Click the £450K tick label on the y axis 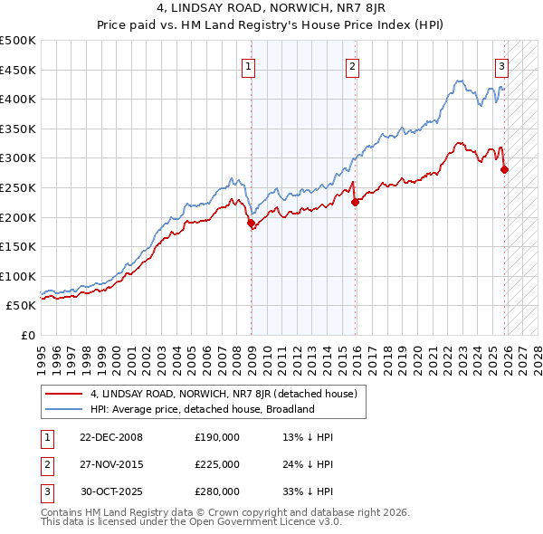(x=18, y=70)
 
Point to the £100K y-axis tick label (x=18, y=276)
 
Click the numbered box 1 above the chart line (x=248, y=65)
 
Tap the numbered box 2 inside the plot (x=351, y=65)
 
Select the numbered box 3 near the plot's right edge (x=500, y=65)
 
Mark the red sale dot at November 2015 (x=355, y=203)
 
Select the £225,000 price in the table (x=217, y=464)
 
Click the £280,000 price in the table (x=217, y=492)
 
